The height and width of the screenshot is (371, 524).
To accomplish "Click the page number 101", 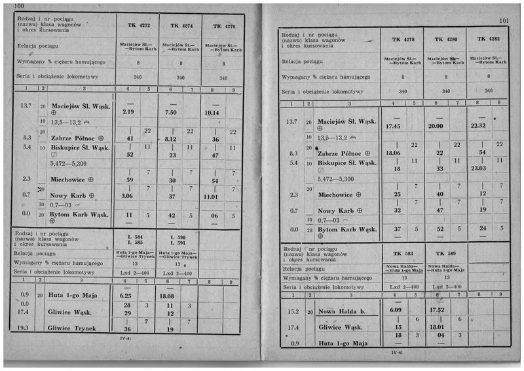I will [x=504, y=21].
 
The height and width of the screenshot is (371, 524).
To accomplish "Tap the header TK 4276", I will [x=224, y=26].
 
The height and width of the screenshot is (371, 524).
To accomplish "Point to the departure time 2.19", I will [x=128, y=112].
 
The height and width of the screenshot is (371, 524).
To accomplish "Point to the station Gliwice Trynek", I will [x=72, y=328].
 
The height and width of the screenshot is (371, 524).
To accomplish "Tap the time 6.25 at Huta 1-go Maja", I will [x=126, y=296].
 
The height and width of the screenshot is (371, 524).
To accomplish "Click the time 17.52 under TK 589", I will [x=437, y=310].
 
